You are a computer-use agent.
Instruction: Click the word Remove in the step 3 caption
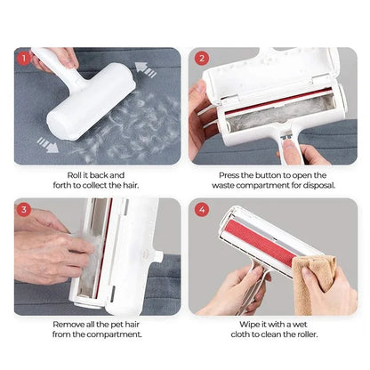click(68, 325)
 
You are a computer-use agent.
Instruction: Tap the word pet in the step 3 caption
click(134, 325)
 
